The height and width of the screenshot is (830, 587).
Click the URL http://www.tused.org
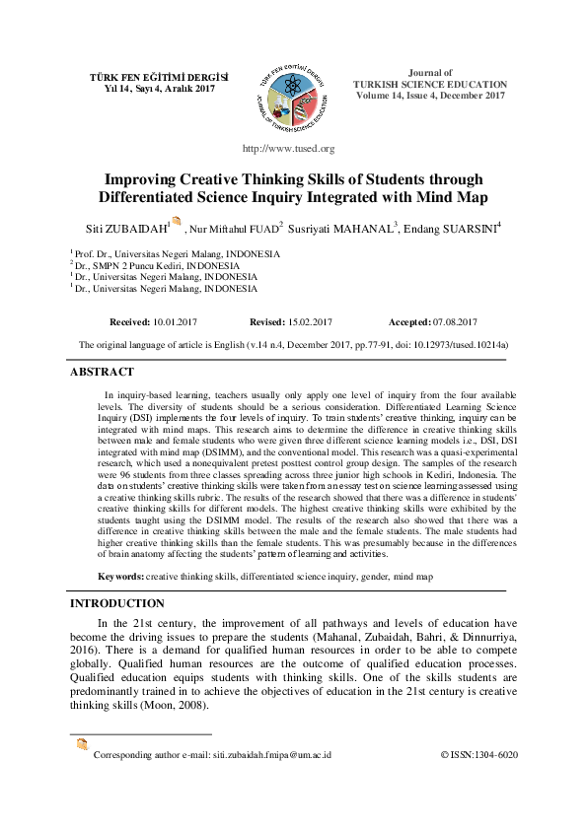288,149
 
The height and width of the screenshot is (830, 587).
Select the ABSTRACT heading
101,372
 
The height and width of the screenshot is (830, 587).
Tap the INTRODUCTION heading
117,602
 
